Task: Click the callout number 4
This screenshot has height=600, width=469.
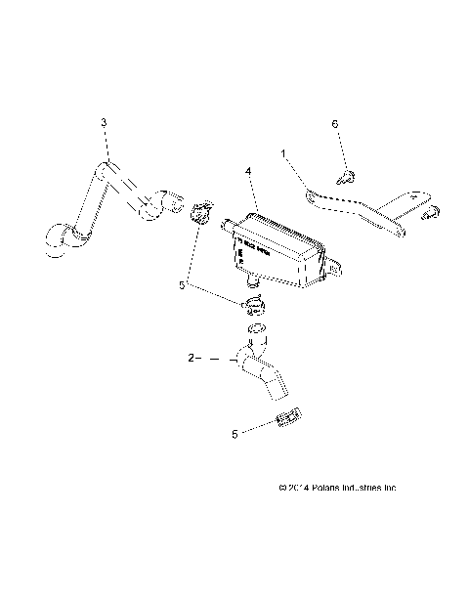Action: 249,172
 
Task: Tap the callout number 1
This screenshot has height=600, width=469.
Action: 284,153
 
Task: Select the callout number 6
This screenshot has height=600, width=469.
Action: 335,125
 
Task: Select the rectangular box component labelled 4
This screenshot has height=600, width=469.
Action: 278,249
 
